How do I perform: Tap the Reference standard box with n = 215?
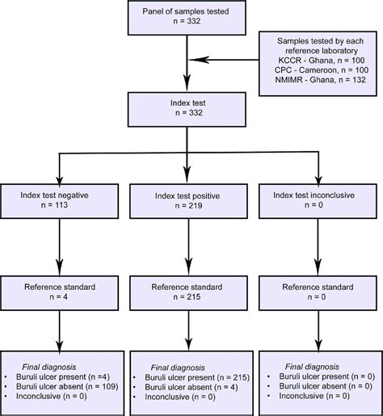pos(189,292)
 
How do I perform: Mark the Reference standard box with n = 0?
pos(317,292)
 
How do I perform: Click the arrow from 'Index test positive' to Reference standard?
pos(189,247)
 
